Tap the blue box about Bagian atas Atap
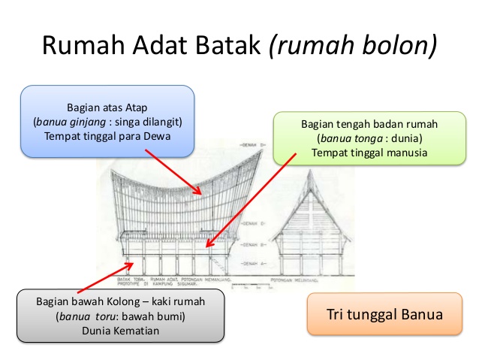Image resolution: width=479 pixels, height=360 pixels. tap(107, 121)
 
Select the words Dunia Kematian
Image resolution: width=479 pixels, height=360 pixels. tap(120, 331)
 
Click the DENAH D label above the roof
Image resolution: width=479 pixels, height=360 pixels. tap(250, 144)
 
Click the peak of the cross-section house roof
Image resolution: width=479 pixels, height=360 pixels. tap(314, 170)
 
